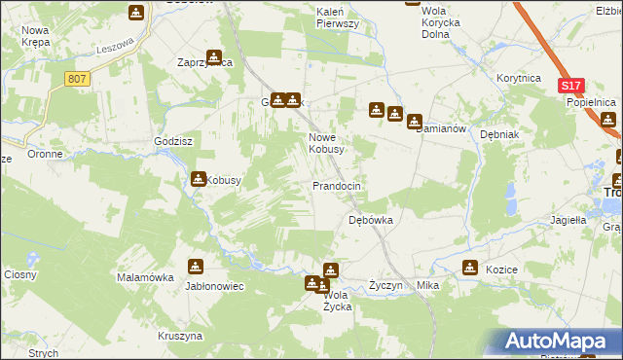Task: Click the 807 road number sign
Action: tap(79, 78)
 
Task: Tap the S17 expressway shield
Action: tap(571, 87)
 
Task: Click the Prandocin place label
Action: tap(337, 185)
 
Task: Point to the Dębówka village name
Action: tap(371, 220)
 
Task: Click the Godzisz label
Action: tap(171, 140)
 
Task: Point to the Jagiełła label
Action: tap(568, 220)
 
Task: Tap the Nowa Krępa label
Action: tap(36, 37)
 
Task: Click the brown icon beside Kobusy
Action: tap(199, 179)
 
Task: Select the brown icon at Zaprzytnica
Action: tap(214, 57)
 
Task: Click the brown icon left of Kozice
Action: tap(470, 269)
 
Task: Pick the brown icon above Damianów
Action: tap(415, 122)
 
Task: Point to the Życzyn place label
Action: tap(386, 286)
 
